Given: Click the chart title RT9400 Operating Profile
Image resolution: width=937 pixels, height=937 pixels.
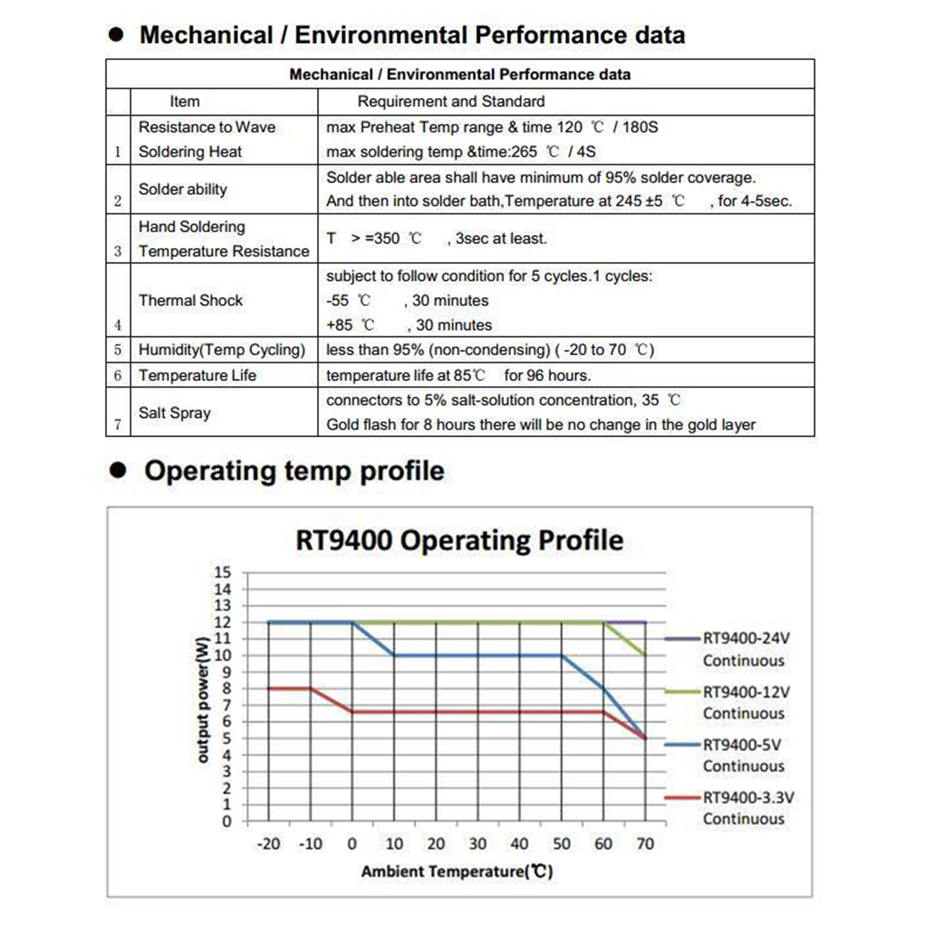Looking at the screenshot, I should [459, 540].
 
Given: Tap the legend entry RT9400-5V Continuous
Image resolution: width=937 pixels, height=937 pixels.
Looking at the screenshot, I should [743, 755].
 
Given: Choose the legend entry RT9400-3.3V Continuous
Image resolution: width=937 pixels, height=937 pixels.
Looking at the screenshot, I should [748, 808].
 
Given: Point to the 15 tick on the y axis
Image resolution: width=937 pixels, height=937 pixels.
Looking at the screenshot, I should [223, 572].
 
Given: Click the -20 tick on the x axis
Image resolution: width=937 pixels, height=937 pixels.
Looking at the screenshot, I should [268, 844].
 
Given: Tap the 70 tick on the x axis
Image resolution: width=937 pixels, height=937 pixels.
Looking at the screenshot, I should [645, 844].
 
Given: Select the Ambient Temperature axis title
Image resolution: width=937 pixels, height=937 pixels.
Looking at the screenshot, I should [457, 871].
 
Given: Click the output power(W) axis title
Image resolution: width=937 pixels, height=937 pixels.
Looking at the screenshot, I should [202, 700].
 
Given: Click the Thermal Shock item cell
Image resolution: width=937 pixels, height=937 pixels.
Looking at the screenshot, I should [190, 300].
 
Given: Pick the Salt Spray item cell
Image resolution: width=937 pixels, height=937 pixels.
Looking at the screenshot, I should [175, 413].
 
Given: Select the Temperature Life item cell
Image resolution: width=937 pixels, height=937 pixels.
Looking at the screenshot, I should [197, 375].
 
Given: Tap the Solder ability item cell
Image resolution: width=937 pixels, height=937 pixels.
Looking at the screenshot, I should [183, 189].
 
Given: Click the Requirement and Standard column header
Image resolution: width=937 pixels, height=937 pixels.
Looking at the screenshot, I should [451, 101].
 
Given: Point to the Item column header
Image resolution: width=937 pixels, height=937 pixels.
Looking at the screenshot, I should [184, 101].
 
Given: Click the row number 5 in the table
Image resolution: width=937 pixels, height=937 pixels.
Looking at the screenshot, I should [118, 350].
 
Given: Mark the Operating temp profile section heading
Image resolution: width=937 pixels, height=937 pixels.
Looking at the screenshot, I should [294, 471].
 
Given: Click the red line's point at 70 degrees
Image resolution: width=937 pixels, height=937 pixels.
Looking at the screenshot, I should [645, 738].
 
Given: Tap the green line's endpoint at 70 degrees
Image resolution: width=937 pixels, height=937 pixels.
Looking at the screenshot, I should [645, 655].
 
